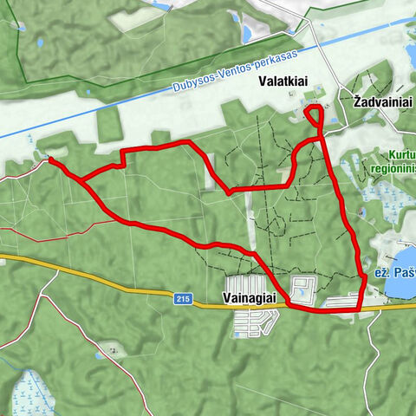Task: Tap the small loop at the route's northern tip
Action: click(x=314, y=113)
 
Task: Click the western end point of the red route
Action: click(x=49, y=159)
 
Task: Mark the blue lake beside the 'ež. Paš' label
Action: click(x=401, y=283)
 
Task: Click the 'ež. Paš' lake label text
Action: click(x=394, y=271)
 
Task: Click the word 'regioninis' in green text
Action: click(x=394, y=169)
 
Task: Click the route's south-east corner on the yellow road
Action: click(x=358, y=309)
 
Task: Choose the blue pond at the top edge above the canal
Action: click(x=246, y=34)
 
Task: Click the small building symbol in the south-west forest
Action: click(x=111, y=354)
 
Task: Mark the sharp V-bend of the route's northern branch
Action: click(x=228, y=191)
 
